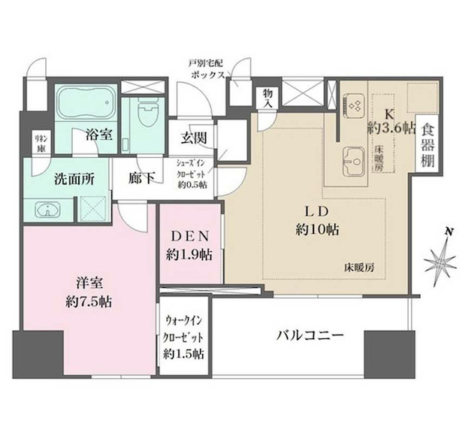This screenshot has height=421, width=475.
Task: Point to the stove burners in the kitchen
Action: click(355, 104)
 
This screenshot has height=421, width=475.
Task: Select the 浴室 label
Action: click(98, 136)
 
